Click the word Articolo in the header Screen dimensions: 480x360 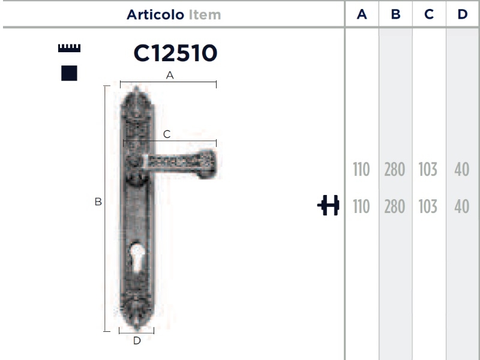click(155, 14)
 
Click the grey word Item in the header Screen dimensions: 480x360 click(205, 14)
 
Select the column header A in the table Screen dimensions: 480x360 click(362, 14)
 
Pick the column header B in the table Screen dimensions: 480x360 click(395, 14)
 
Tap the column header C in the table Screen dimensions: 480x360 click(429, 14)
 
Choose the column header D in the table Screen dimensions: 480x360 click(463, 14)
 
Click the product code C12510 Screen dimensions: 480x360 click(175, 53)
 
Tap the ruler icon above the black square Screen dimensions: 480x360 click(69, 48)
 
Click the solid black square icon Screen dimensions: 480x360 click(69, 73)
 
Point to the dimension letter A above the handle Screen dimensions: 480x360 click(170, 75)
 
